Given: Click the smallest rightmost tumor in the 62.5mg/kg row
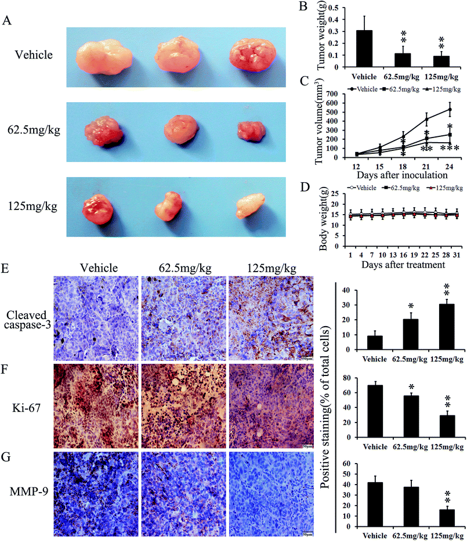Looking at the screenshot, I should pos(252,132).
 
